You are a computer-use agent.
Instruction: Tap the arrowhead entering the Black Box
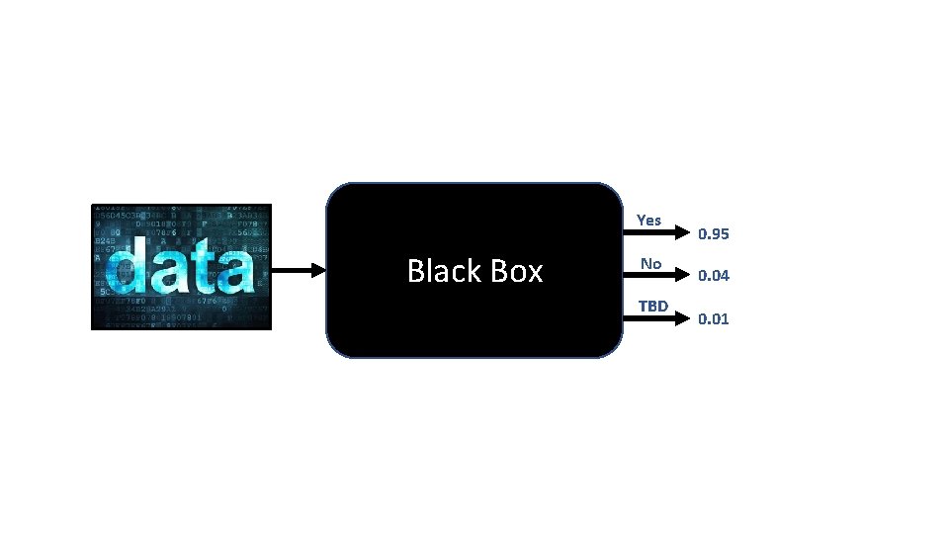317,270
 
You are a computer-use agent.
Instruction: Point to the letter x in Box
534,274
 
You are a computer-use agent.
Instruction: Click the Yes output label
649,220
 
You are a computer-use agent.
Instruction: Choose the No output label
650,263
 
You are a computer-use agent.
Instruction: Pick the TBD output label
652,306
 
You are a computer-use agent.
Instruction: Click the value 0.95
714,234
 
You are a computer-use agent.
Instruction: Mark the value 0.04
714,276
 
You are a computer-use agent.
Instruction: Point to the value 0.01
714,318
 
